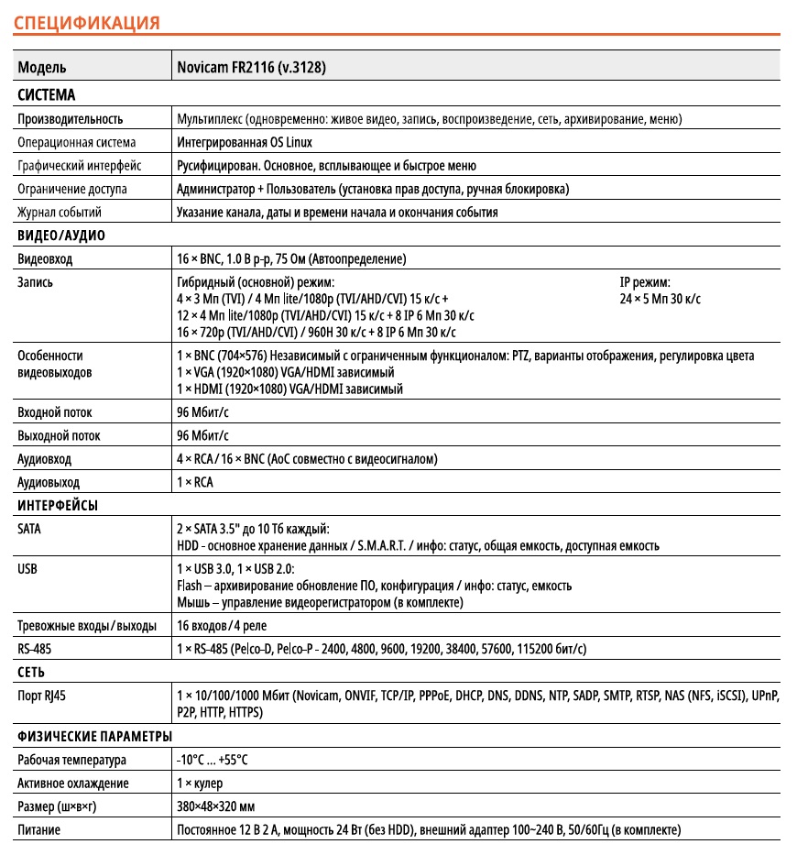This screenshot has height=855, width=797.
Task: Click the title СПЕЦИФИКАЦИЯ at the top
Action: click(x=87, y=22)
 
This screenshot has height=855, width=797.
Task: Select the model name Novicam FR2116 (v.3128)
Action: click(x=252, y=68)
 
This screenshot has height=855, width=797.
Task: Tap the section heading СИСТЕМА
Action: click(x=47, y=94)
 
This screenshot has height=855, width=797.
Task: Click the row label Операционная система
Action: click(x=77, y=142)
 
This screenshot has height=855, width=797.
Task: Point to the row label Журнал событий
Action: click(x=60, y=212)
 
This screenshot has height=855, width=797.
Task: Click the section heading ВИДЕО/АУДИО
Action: click(x=61, y=236)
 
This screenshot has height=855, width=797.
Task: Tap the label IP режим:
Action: click(x=645, y=282)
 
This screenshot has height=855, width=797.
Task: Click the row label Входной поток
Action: click(x=55, y=412)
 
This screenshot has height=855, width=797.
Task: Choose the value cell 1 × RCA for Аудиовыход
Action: click(x=194, y=482)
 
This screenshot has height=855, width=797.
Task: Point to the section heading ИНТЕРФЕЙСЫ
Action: click(x=58, y=505)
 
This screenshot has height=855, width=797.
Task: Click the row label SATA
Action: click(x=29, y=529)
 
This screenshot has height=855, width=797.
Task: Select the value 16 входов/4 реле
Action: click(x=221, y=626)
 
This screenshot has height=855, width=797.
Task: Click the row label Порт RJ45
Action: click(x=42, y=696)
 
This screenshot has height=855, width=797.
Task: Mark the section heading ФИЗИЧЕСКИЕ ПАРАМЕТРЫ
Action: click(x=94, y=737)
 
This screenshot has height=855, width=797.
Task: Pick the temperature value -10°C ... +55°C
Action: click(x=213, y=760)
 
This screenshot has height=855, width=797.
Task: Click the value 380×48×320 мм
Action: click(x=215, y=806)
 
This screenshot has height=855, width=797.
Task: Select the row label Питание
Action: click(x=39, y=830)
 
